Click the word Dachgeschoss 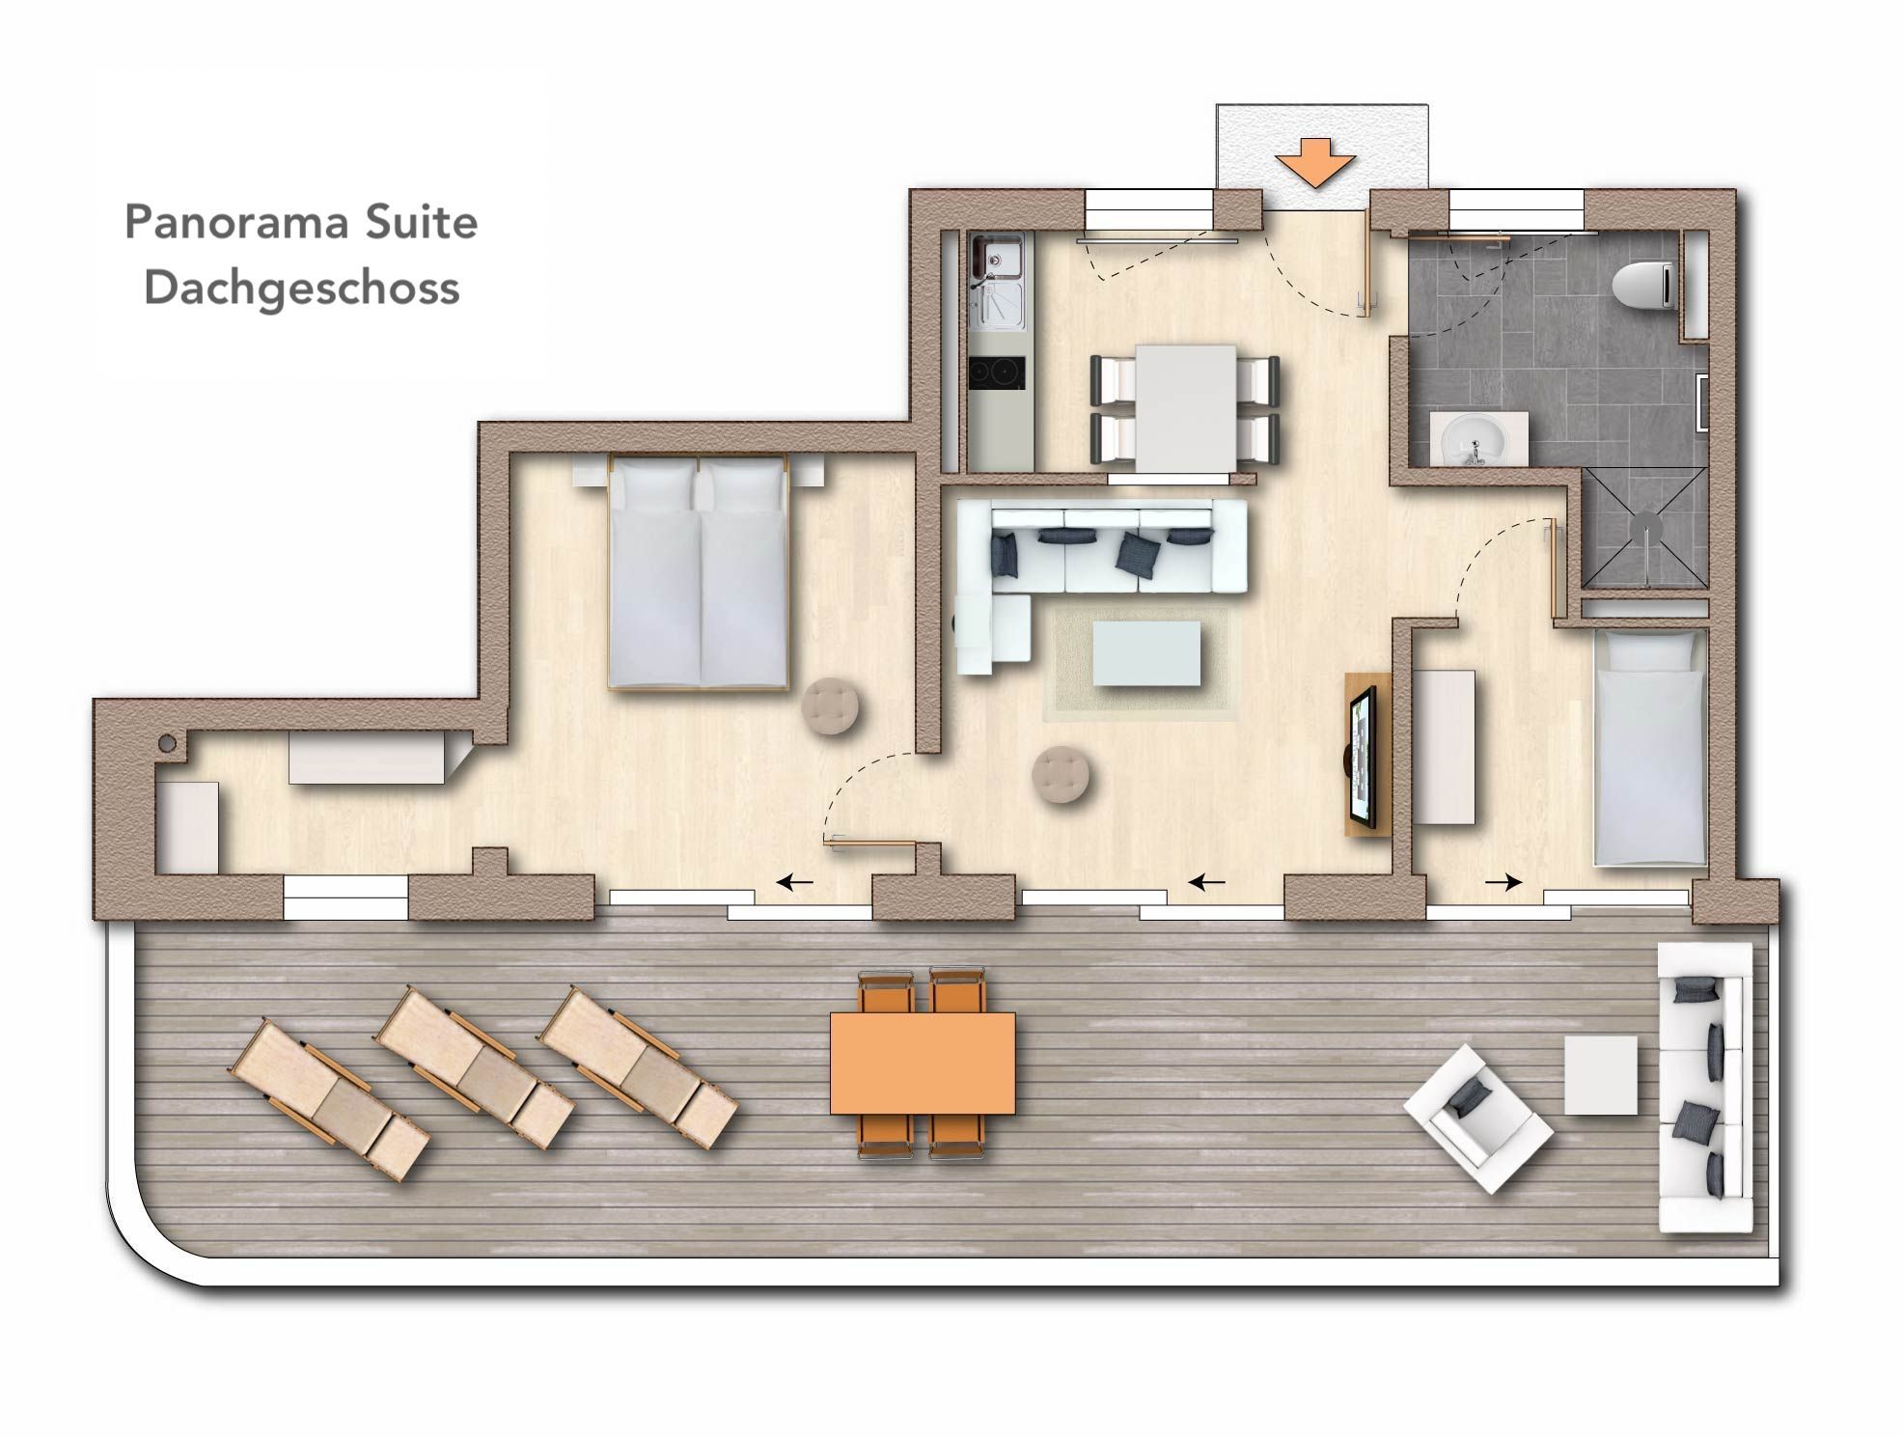click(x=302, y=289)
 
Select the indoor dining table click(x=1185, y=408)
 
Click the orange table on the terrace click(x=924, y=1063)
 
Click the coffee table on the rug click(x=1147, y=653)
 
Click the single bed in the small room click(x=1649, y=748)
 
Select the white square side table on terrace click(x=1601, y=1075)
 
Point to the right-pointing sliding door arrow click(x=1503, y=881)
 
